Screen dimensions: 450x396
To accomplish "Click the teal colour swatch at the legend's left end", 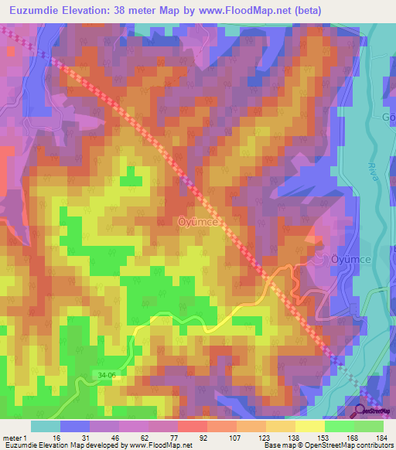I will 46,426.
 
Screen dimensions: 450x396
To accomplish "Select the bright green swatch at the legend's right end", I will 370,426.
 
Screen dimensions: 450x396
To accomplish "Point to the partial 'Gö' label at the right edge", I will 388,117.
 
